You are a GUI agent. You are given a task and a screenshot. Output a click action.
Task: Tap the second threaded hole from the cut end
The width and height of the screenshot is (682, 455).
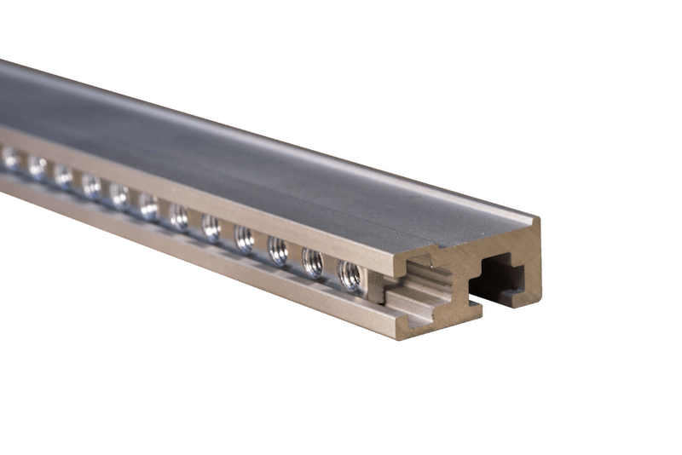coord(312,260)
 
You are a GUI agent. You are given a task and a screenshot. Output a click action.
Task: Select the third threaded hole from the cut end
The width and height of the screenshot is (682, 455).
coord(278,249)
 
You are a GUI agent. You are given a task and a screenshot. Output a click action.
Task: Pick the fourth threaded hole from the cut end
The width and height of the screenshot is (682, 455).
coord(244,237)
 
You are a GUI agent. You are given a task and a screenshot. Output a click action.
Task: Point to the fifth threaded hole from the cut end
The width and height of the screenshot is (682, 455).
coord(211,226)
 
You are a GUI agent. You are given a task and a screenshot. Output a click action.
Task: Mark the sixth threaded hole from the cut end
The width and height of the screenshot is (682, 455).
coord(180,215)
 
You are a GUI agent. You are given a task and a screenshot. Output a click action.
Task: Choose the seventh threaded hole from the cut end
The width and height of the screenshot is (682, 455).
coord(149,204)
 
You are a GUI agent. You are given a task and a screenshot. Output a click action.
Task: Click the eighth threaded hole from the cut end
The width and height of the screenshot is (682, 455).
coord(119,194)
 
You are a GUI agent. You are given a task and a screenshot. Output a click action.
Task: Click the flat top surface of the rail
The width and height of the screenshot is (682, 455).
coord(256,145)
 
